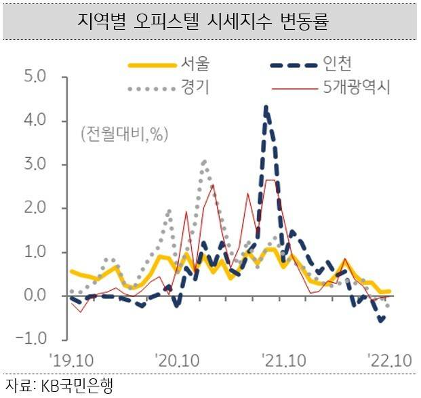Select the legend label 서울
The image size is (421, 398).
point(195,64)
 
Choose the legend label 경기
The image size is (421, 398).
point(195,87)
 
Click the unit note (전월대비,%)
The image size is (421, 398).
point(124,134)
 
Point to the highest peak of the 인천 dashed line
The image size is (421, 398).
point(266,107)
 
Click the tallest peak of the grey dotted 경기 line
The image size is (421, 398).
point(204,161)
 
